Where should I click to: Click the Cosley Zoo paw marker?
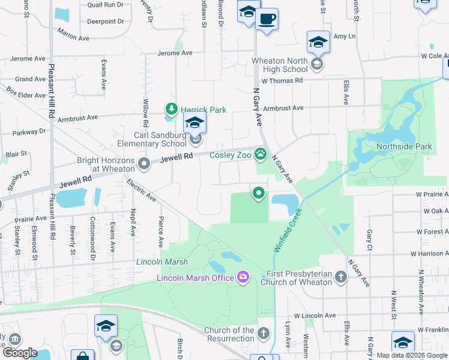click(260, 155)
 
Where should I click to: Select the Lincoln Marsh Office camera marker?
click(243, 277)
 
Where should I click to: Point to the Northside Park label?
click(403, 146)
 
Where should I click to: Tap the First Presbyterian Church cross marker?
click(341, 277)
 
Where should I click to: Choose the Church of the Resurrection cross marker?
click(263, 333)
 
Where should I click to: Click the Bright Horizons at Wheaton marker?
click(143, 163)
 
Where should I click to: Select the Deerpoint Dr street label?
click(105, 21)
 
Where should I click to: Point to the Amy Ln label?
click(344, 37)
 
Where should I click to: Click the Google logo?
click(20, 353)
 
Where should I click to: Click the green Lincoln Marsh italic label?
click(162, 262)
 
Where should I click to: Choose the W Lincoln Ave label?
click(315, 316)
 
